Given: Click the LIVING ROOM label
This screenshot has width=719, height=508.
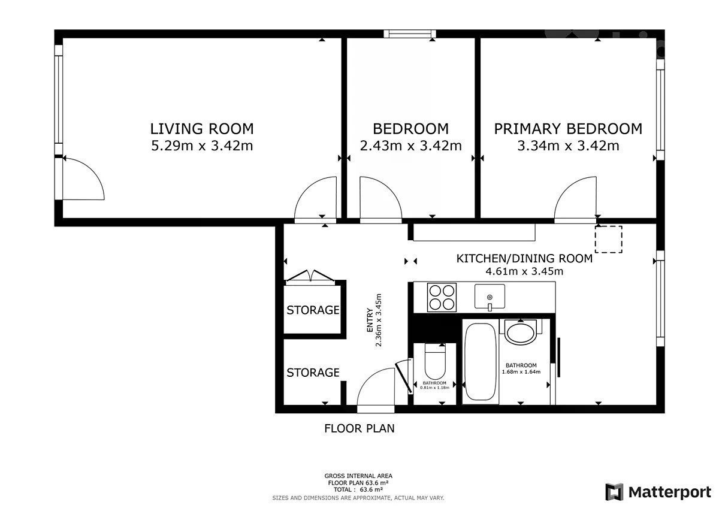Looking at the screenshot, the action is pos(202,129).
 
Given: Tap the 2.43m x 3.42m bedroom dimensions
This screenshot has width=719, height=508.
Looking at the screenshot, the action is pos(411,146).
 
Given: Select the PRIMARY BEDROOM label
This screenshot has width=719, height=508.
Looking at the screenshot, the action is pos(568,129).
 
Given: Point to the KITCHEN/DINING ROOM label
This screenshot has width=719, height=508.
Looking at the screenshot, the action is pos(524,258).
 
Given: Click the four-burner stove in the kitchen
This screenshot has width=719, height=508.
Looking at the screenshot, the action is pos(442,297).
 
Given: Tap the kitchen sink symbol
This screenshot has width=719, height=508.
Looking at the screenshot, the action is pos(490,297).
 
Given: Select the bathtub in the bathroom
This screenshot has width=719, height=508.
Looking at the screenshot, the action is pos(480,362).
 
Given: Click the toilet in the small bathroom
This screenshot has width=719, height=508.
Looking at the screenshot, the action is pos(435,362).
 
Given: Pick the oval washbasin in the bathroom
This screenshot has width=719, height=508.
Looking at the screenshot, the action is pos(521,333).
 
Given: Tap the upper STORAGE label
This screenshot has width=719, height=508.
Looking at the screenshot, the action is pos(313,310).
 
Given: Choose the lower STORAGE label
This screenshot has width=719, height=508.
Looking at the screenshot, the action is pos(313,373).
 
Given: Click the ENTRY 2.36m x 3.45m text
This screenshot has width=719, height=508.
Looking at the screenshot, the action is pos(374,320).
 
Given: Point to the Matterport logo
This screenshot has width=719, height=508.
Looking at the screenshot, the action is pos(658,492).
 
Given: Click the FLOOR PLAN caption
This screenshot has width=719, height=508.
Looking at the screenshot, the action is pos(359,428).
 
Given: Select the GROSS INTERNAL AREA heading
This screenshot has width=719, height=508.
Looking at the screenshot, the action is pos(358,476).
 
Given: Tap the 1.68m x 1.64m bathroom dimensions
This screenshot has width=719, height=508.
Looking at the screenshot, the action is pos(521,372).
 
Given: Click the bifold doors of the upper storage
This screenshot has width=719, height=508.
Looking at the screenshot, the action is pos(310,276).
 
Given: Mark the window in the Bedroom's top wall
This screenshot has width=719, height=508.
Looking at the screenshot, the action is pos(410,34).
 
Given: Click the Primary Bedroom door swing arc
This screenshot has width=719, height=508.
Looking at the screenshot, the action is pos(567,189).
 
